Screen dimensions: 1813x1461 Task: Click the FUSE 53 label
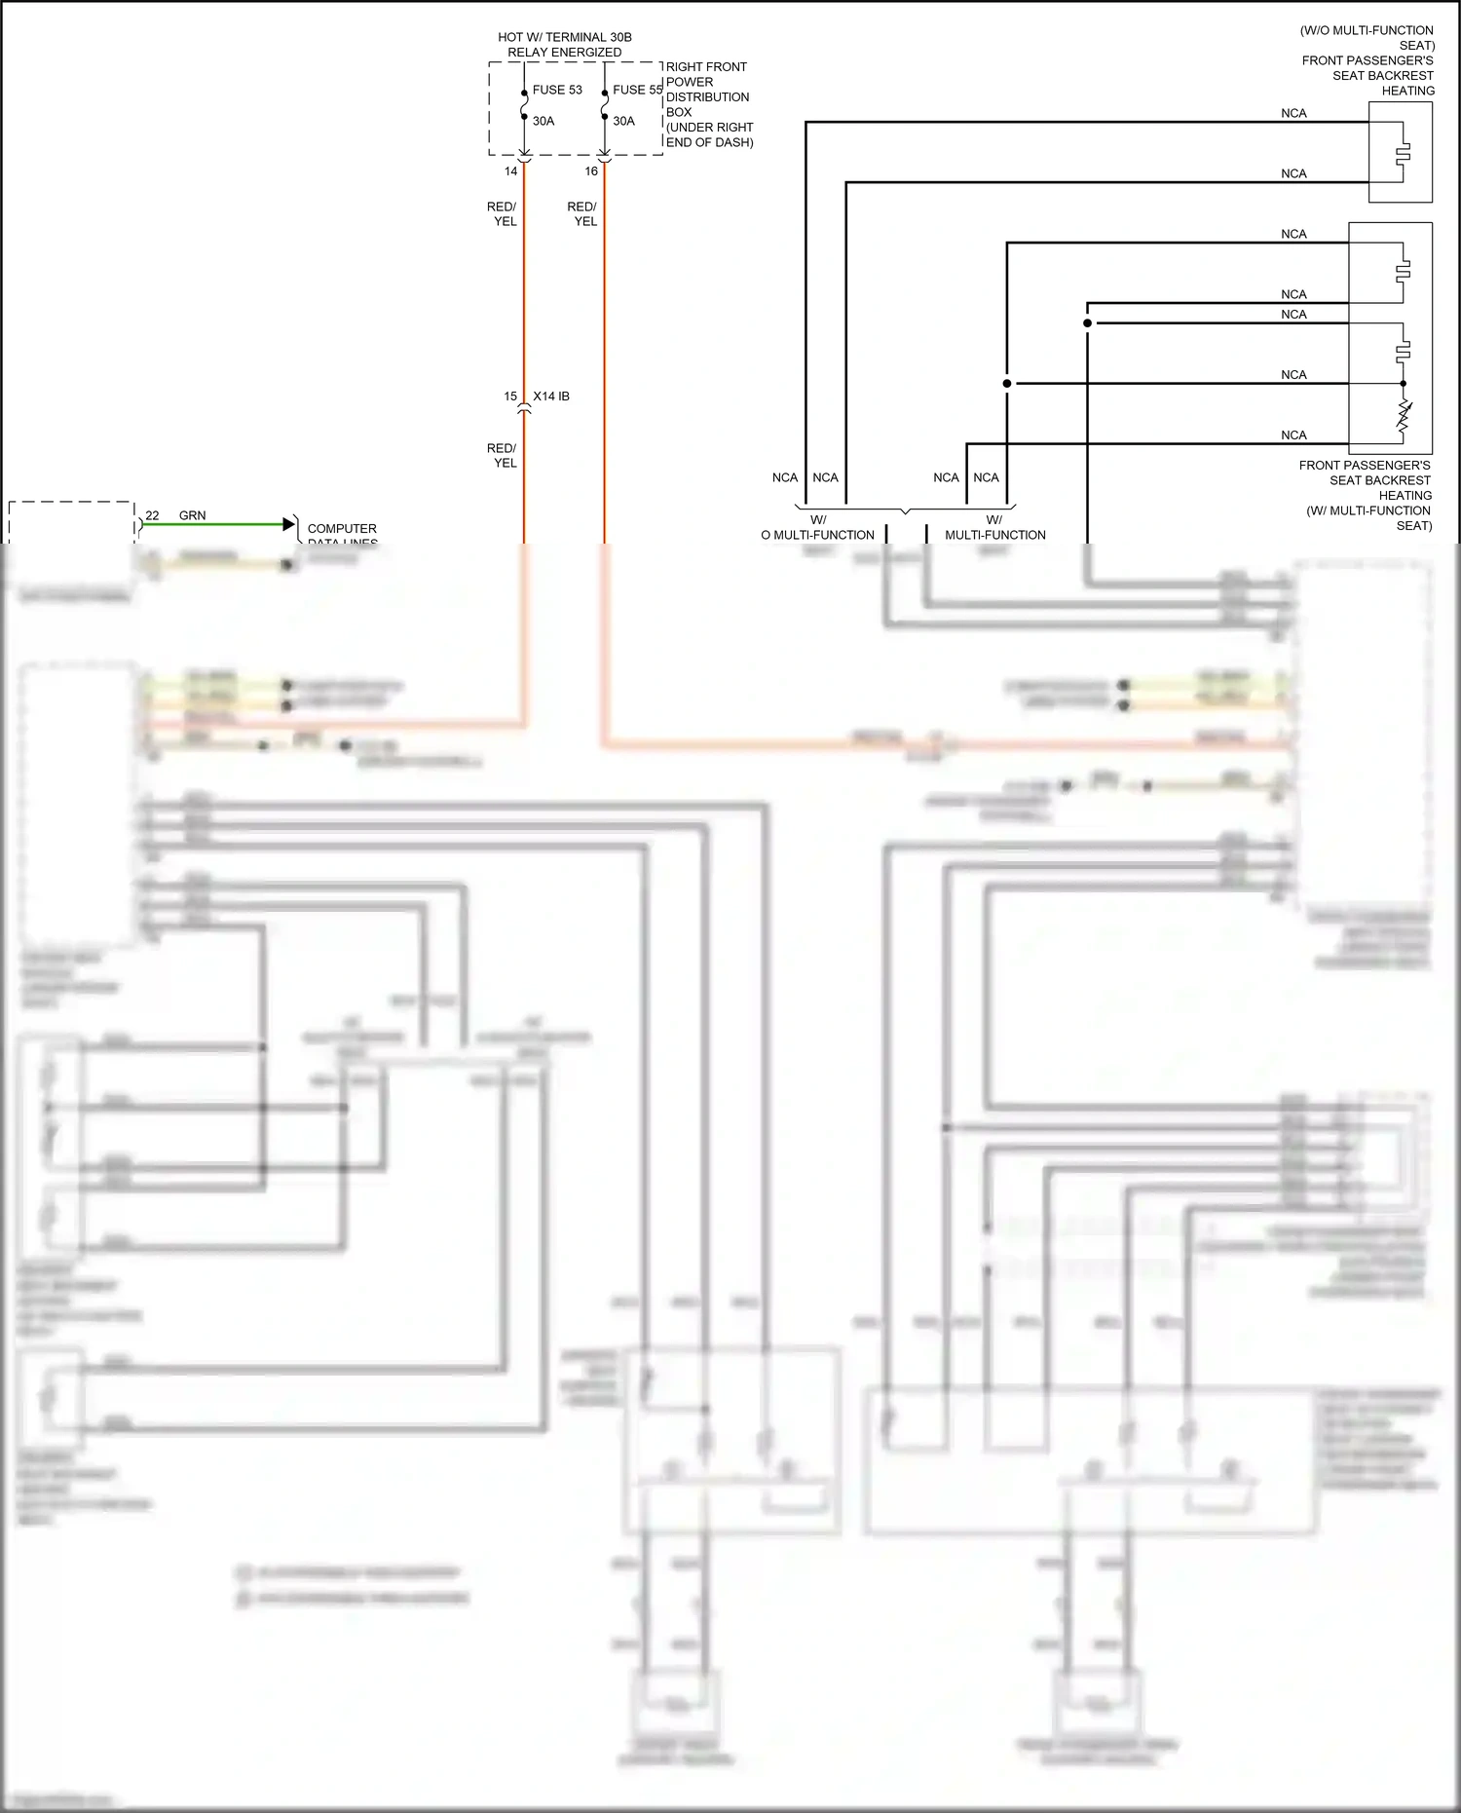[556, 90]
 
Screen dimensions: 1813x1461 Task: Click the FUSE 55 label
[637, 90]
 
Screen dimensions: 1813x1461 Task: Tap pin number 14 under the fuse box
[510, 171]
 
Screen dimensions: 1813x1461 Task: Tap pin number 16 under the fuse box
[591, 171]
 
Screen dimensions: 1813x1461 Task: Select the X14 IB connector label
[551, 397]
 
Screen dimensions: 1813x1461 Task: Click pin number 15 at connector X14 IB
[510, 397]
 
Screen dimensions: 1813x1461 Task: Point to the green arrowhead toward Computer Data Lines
[288, 524]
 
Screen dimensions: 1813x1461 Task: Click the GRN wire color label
[192, 515]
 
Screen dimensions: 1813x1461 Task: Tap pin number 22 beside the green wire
[152, 515]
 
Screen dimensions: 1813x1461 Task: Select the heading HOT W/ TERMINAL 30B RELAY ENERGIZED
[565, 45]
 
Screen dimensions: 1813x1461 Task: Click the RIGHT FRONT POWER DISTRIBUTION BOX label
[708, 104]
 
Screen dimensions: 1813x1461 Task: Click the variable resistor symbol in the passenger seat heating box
[1404, 416]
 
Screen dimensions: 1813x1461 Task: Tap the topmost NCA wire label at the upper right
[1293, 113]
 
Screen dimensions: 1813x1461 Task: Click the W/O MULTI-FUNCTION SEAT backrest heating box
[1400, 152]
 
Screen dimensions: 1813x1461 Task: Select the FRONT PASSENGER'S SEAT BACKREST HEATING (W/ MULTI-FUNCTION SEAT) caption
[1366, 495]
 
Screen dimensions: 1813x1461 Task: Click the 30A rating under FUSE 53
[543, 121]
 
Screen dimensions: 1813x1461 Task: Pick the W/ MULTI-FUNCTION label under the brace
[994, 528]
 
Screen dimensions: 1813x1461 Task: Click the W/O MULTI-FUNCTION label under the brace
[817, 528]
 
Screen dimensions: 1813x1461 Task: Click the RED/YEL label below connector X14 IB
[502, 455]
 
